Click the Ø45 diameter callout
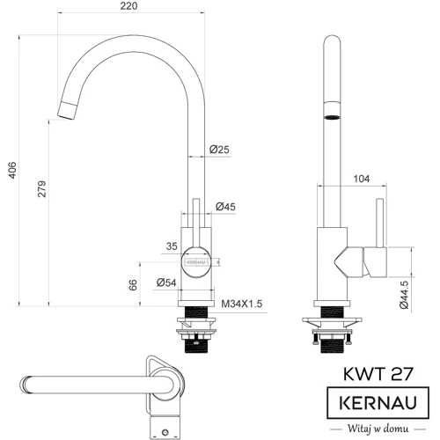point(226,208)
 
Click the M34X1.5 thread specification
point(242,304)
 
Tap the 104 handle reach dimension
point(360,180)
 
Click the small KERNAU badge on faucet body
point(195,260)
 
